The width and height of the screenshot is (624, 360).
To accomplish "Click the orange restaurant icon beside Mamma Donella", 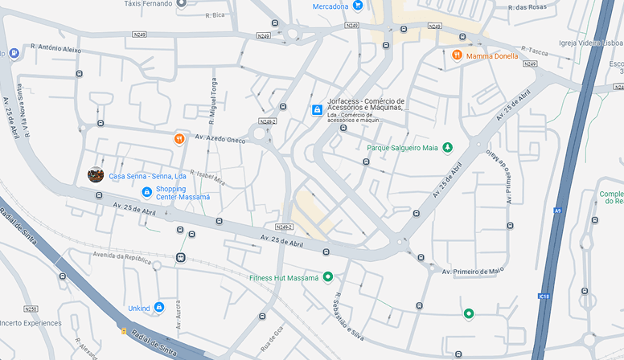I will (x=456, y=55).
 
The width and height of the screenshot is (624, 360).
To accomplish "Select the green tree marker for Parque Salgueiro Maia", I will (x=447, y=147).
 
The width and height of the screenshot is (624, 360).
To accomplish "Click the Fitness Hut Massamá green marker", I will (x=328, y=277).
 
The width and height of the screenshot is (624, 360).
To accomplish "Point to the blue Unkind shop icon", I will (x=159, y=307).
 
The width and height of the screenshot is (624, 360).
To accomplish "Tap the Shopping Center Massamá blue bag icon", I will (x=146, y=192).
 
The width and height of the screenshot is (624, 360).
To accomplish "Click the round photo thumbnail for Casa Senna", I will (x=96, y=174).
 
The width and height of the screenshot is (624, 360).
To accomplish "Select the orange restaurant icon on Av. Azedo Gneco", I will (x=179, y=138).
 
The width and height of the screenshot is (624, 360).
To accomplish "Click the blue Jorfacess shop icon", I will (x=318, y=109).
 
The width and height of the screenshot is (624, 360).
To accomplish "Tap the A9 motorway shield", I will (x=557, y=211).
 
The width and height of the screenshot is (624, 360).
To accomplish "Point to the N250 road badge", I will (x=31, y=309).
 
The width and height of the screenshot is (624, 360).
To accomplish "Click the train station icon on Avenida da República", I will (x=180, y=258).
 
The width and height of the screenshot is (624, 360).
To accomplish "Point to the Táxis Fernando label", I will (x=148, y=4).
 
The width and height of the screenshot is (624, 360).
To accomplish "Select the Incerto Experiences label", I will (x=31, y=323).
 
